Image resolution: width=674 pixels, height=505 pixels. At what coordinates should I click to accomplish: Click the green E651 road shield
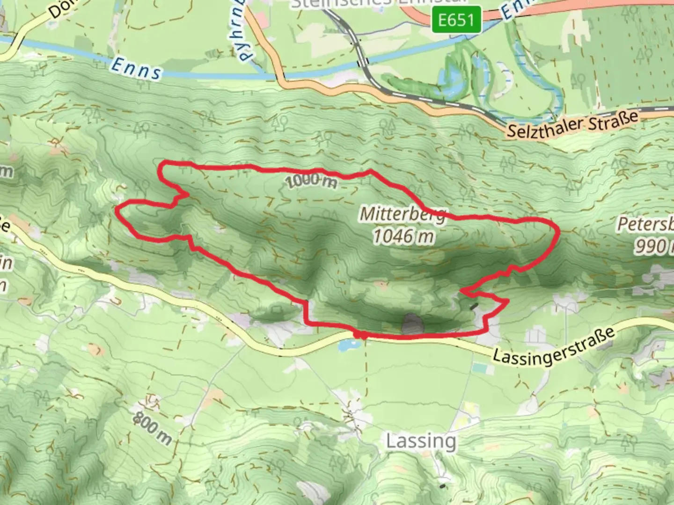click(455, 20)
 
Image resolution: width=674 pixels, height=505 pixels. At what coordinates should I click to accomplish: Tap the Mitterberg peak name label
click(403, 214)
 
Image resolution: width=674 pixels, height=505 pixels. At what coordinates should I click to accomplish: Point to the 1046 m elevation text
click(403, 236)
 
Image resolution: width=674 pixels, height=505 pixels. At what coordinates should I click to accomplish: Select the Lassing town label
click(421, 441)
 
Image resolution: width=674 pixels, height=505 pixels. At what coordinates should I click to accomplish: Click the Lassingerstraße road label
click(553, 346)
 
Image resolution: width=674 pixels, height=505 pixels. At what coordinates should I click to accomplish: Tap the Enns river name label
click(136, 68)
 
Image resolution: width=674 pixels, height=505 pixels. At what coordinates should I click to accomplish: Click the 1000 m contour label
click(310, 180)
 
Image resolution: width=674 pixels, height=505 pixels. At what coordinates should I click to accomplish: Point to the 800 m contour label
click(152, 428)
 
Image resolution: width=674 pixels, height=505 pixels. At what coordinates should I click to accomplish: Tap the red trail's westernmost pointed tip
click(117, 210)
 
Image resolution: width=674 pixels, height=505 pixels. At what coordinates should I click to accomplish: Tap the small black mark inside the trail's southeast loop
click(475, 307)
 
